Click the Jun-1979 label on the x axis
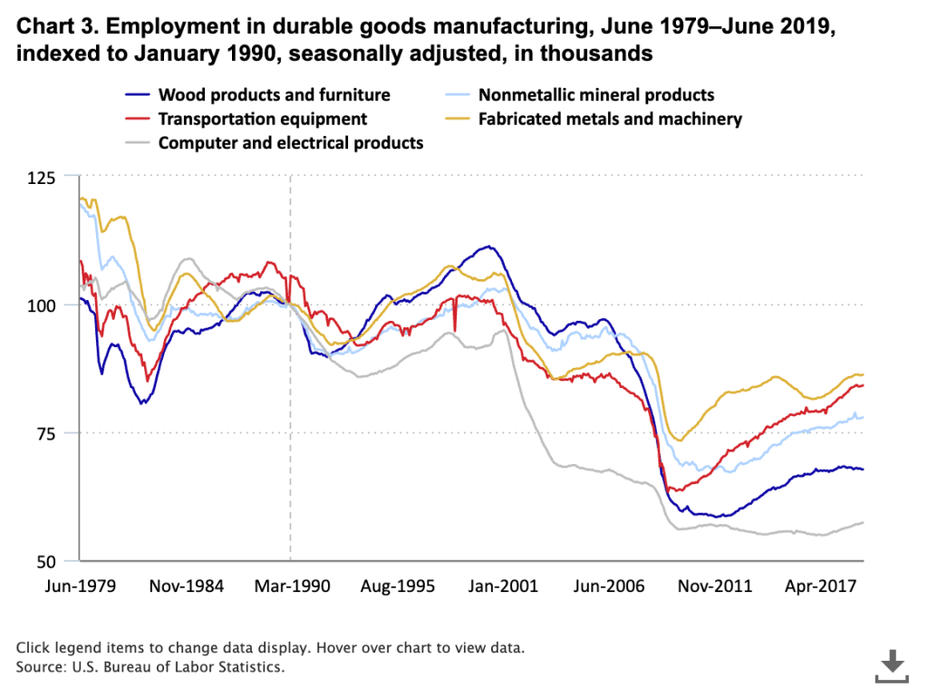80,586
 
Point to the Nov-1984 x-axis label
186,586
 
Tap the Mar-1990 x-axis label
290,586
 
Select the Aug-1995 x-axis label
396,586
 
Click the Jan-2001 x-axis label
502,586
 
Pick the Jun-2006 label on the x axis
607,586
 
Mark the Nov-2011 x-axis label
713,586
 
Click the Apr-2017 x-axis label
818,586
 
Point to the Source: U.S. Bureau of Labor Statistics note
150,668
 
